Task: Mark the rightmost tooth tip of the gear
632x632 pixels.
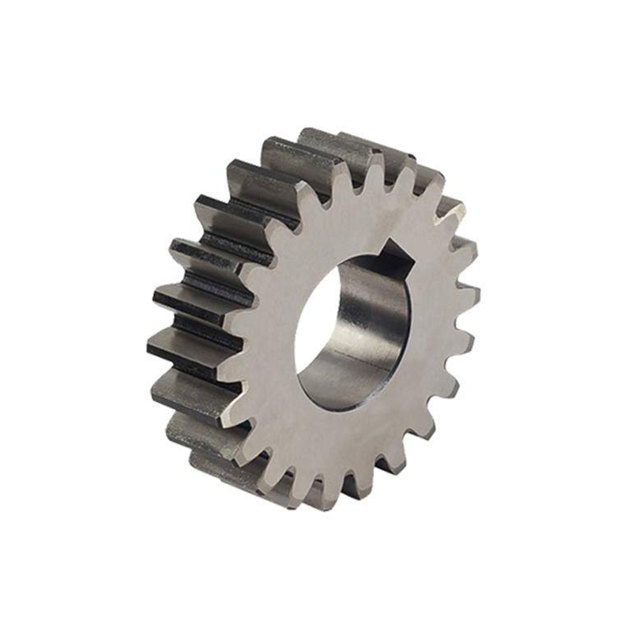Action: [x=474, y=295]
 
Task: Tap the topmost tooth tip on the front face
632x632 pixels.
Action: [x=371, y=161]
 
